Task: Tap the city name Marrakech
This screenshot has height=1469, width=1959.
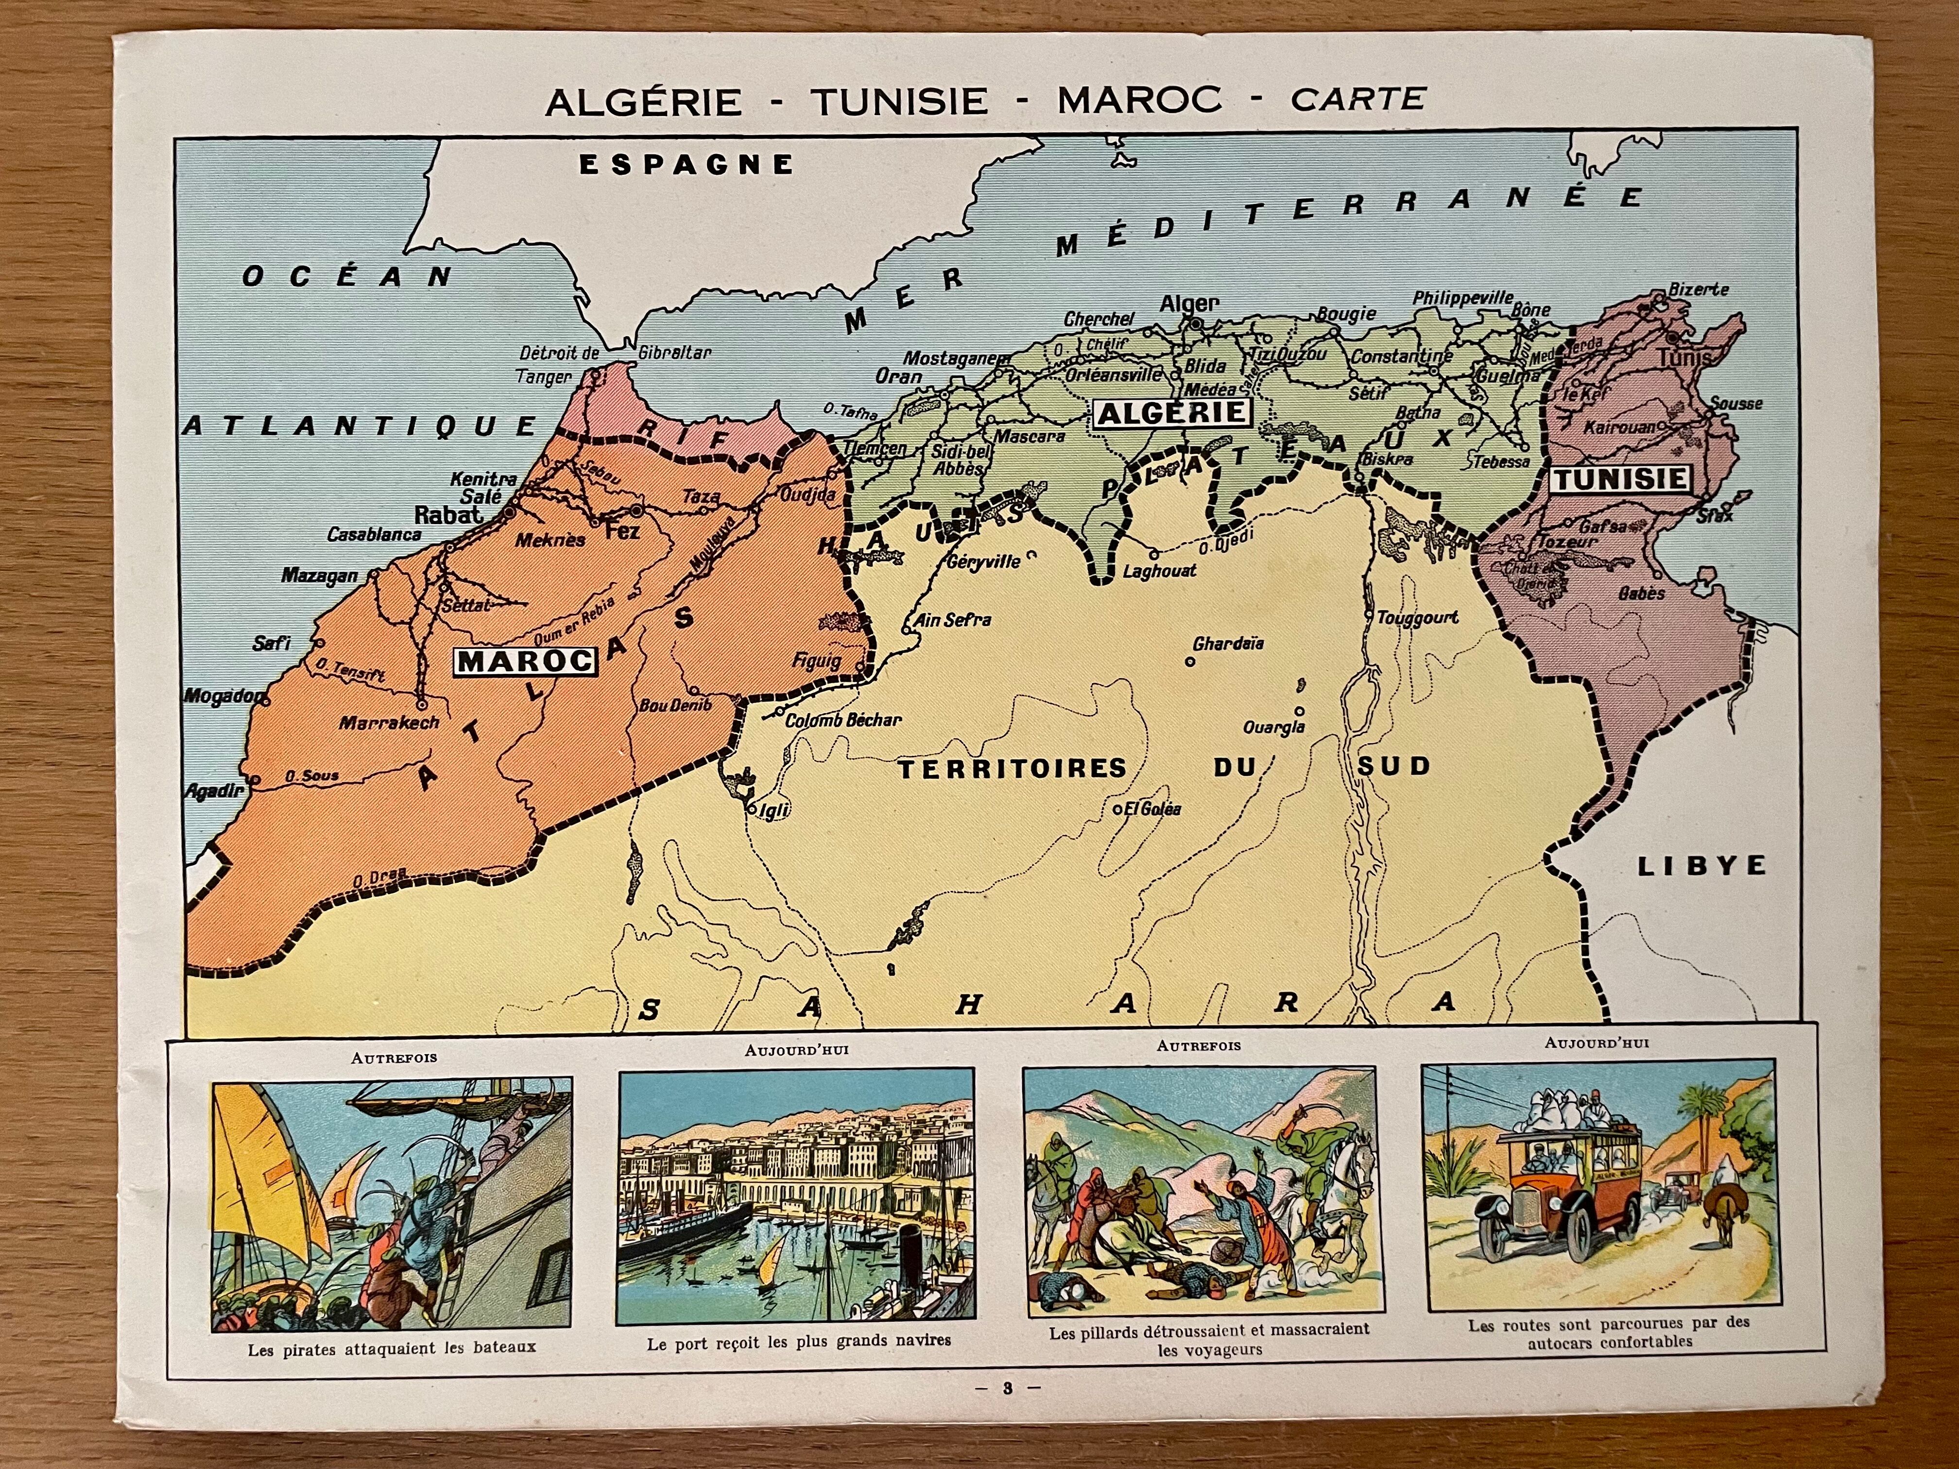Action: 390,722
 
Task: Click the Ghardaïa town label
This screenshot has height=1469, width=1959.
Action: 1228,644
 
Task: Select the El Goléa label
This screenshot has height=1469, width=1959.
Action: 1151,808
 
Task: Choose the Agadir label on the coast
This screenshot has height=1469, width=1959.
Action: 213,791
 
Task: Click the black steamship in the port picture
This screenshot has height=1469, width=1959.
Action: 682,1235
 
